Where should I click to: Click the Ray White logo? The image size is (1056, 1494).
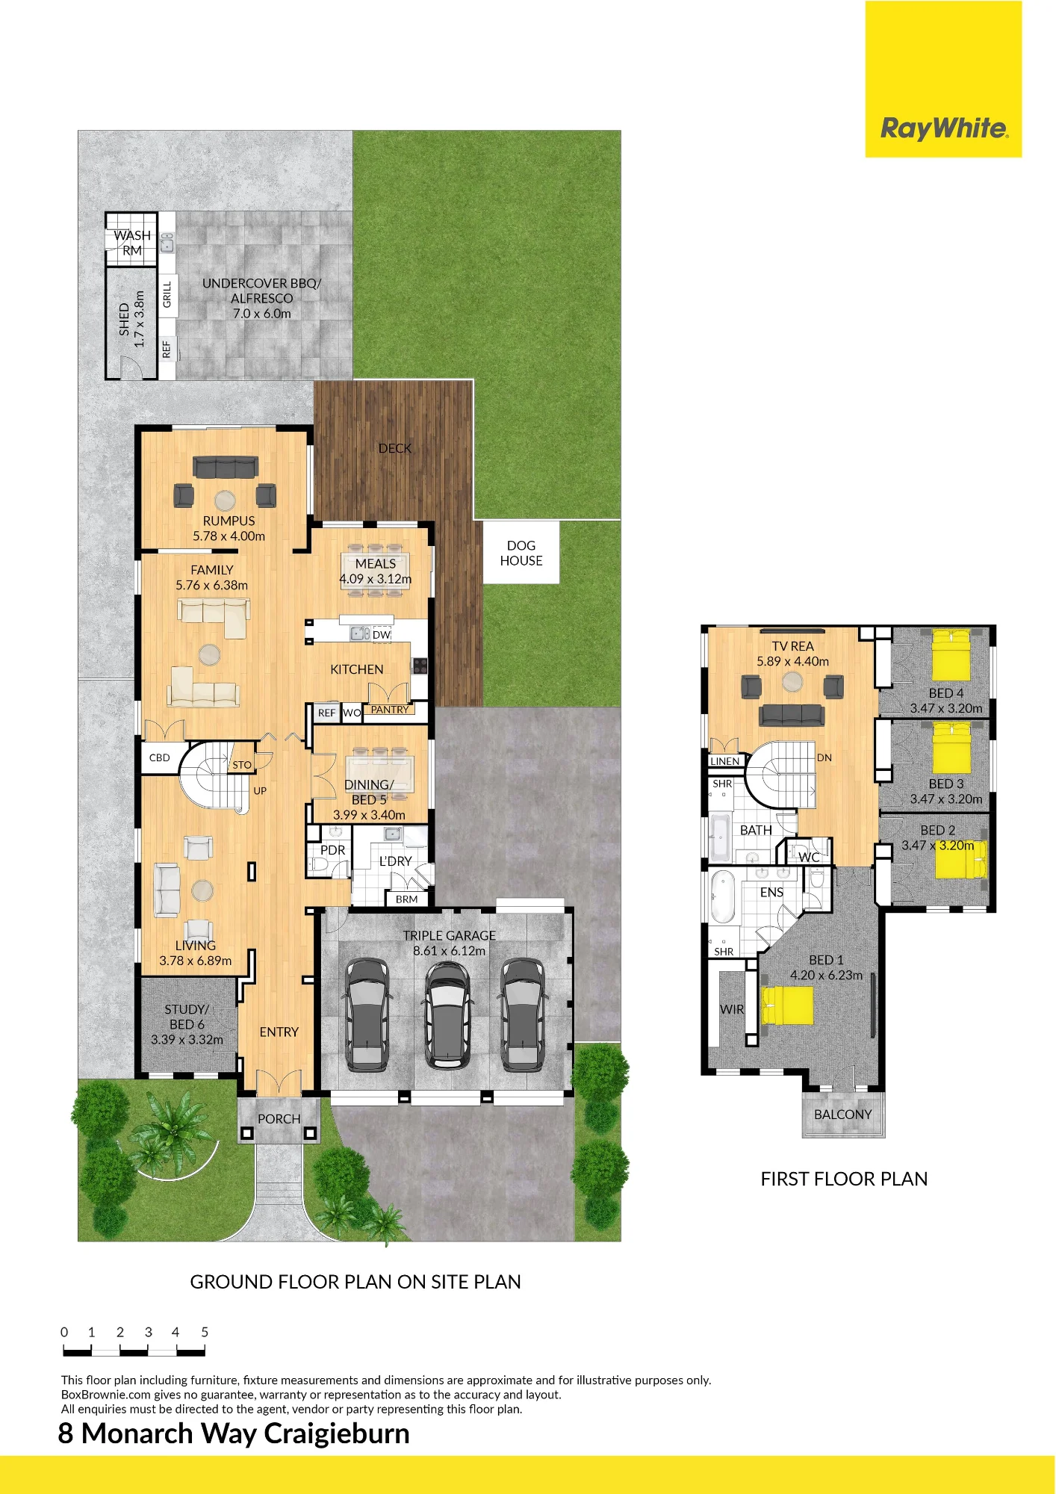[944, 128]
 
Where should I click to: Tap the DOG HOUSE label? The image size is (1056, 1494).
[521, 554]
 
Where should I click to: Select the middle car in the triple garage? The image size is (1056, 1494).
[447, 1014]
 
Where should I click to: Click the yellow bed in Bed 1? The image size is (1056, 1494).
[786, 1005]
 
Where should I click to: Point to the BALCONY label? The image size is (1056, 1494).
[843, 1115]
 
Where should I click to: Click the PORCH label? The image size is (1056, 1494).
[279, 1119]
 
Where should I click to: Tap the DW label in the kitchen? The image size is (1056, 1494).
[382, 635]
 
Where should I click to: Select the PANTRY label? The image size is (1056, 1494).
[390, 710]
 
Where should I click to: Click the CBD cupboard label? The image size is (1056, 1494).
[160, 757]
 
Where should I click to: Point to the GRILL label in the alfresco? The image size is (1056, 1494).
[167, 294]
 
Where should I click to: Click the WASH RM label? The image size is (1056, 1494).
[132, 243]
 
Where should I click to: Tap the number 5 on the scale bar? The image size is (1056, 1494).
[205, 1332]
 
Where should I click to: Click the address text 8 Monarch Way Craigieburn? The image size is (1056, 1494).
[234, 1433]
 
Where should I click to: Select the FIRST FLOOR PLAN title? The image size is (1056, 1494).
[844, 1179]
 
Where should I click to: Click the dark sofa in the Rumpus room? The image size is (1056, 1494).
[226, 467]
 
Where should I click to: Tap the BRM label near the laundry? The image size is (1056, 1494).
[407, 899]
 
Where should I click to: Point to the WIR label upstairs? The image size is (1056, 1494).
[732, 1009]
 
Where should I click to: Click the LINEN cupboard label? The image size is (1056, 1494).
[725, 761]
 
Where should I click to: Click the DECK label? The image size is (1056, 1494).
[395, 448]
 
